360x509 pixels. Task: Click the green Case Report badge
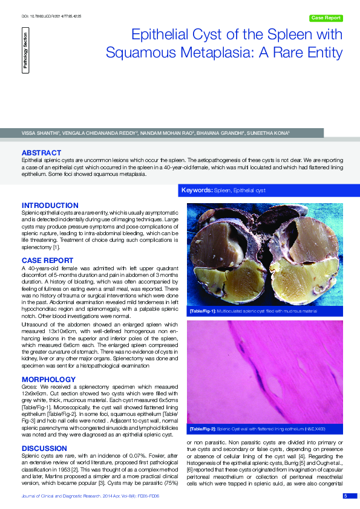(326, 18)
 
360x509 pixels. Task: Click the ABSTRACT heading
(41, 152)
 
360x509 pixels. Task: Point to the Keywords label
(198, 190)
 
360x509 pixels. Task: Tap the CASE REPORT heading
(47, 261)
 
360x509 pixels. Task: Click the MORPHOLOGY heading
(48, 379)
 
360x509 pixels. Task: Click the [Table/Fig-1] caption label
(203, 311)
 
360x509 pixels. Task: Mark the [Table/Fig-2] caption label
(203, 429)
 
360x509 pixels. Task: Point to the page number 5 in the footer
(345, 496)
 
